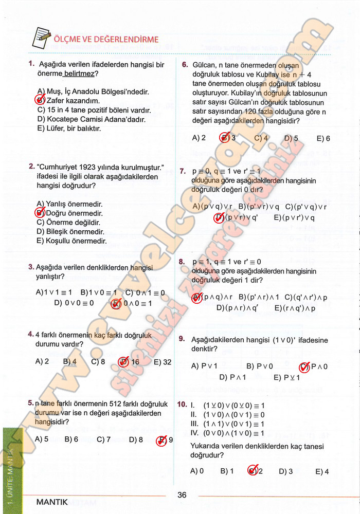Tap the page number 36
182,495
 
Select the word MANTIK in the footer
52,502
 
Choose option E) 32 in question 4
163,362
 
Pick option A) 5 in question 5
42,439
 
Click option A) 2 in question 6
199,138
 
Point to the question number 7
183,171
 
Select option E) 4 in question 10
322,471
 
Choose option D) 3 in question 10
286,471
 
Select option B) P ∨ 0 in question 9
260,366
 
